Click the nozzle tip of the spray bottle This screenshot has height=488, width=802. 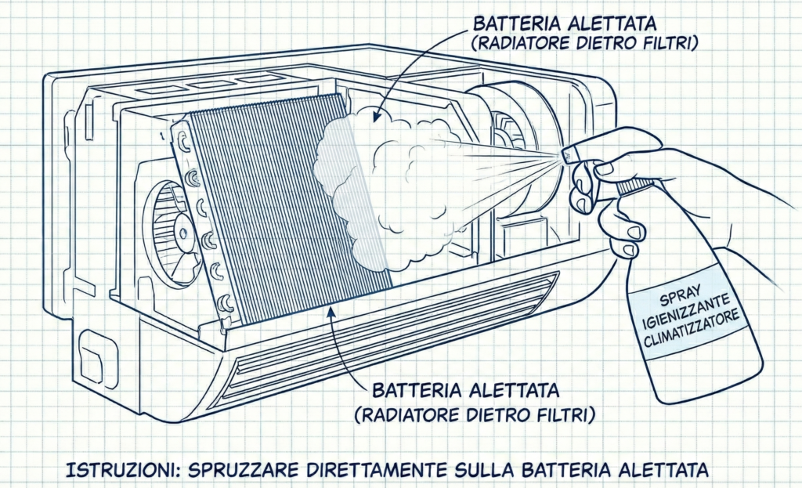[x=565, y=157]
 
